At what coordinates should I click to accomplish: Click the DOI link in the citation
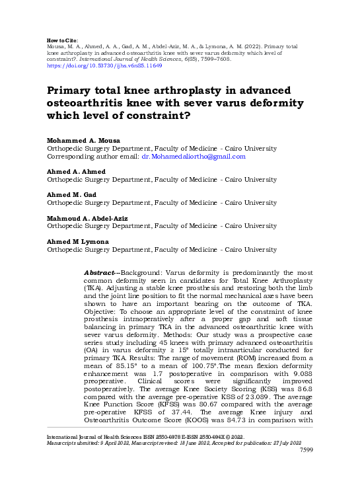click(104, 66)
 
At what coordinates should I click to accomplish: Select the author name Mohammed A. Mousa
click(83, 141)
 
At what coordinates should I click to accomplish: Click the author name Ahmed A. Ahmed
click(75, 171)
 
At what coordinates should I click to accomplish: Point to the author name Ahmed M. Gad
click(71, 195)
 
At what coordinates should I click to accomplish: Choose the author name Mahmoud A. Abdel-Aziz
click(87, 218)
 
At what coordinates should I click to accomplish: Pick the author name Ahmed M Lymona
click(77, 241)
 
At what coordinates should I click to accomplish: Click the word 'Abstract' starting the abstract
click(102, 272)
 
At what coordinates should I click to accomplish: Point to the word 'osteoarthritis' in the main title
click(89, 104)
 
